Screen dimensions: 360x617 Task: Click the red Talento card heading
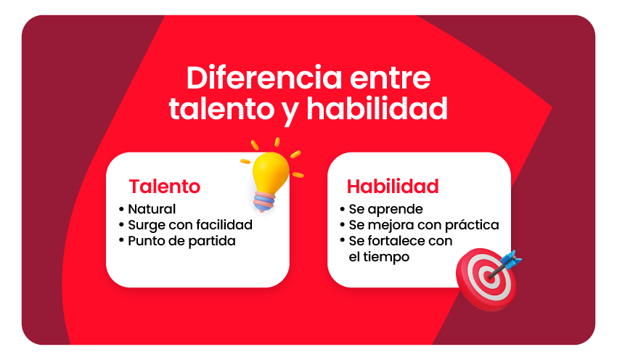click(x=165, y=187)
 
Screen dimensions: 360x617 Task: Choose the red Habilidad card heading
click(x=393, y=187)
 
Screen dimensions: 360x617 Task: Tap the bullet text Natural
click(x=152, y=210)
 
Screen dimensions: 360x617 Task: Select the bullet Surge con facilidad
click(x=190, y=226)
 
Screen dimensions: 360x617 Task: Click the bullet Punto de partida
click(x=181, y=241)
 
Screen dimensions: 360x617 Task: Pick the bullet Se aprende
click(x=385, y=210)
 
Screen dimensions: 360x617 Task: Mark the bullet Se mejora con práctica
click(x=424, y=226)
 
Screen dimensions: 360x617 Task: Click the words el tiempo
click(x=379, y=257)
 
